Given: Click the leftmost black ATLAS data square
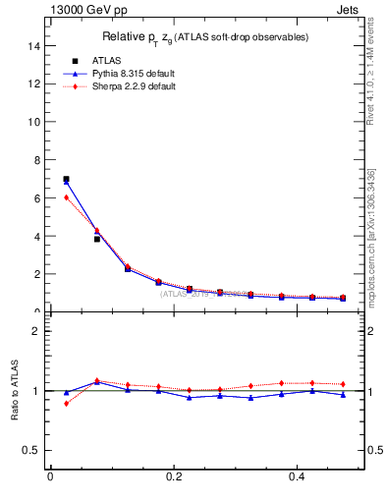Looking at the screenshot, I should pos(66,180).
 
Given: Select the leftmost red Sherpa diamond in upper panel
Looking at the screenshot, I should pos(66,197).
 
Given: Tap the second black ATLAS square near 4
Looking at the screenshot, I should pos(96,239).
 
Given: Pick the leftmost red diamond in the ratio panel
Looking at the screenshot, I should pos(66,404).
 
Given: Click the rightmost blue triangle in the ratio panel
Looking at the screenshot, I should pos(343,395).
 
